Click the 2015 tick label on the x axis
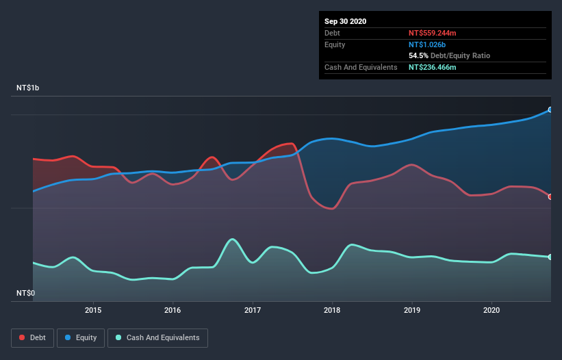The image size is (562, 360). pyautogui.click(x=93, y=309)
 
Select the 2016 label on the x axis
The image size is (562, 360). pyautogui.click(x=173, y=309)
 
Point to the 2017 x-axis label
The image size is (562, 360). pyautogui.click(x=253, y=309)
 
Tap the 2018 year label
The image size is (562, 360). pyautogui.click(x=332, y=309)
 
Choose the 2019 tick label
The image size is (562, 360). pyautogui.click(x=412, y=309)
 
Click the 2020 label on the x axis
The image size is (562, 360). pyautogui.click(x=491, y=309)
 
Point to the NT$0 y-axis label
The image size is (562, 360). pyautogui.click(x=26, y=294)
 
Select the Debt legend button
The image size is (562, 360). pyautogui.click(x=32, y=337)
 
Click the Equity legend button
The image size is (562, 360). pyautogui.click(x=81, y=337)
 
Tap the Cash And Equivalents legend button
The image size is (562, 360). pyautogui.click(x=158, y=337)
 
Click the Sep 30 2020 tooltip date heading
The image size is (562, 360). pyautogui.click(x=345, y=21)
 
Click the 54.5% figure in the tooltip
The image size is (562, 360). pyautogui.click(x=418, y=55)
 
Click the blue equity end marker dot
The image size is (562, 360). pyautogui.click(x=550, y=110)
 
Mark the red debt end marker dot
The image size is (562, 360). pyautogui.click(x=550, y=196)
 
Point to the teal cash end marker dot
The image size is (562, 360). pyautogui.click(x=550, y=257)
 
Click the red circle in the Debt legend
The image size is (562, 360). pyautogui.click(x=23, y=337)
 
